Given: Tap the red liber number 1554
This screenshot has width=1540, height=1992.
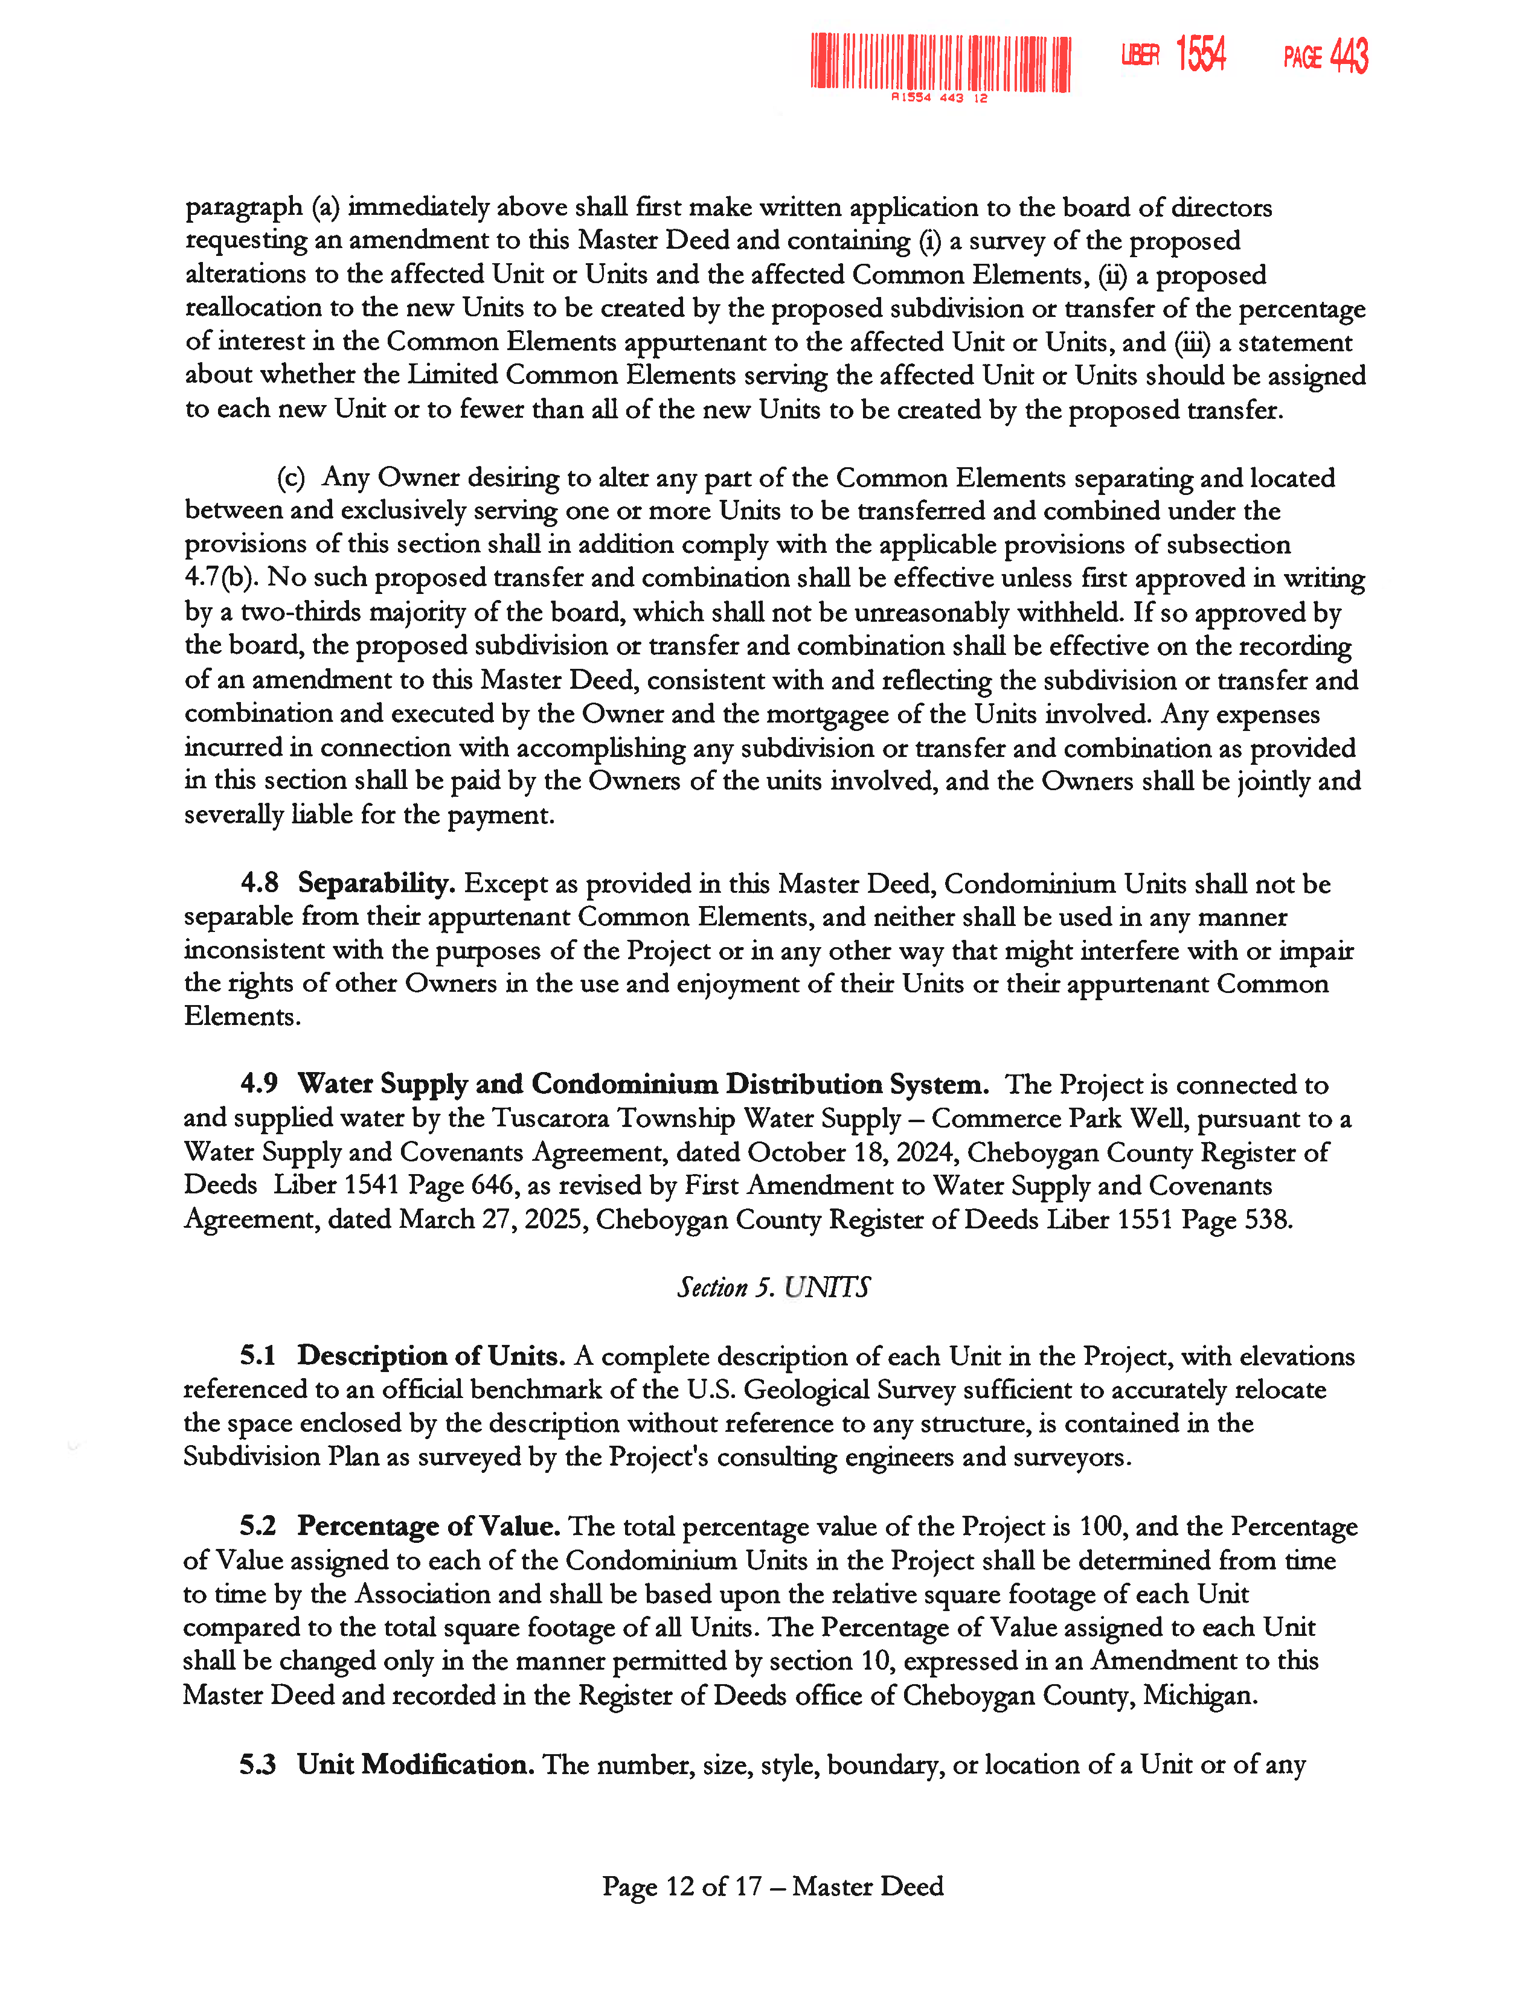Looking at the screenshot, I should click(x=1201, y=55).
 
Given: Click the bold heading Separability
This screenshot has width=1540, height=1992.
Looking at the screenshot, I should click(x=376, y=883).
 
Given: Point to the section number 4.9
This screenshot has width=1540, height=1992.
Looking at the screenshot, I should click(x=259, y=1084).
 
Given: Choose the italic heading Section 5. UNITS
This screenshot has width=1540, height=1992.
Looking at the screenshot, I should click(x=773, y=1287).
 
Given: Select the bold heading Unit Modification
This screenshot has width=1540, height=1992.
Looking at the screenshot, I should click(x=415, y=1765).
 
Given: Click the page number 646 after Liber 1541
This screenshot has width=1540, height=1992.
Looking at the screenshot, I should click(x=493, y=1186).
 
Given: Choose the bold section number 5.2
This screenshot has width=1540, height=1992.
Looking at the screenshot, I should click(x=258, y=1526).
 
